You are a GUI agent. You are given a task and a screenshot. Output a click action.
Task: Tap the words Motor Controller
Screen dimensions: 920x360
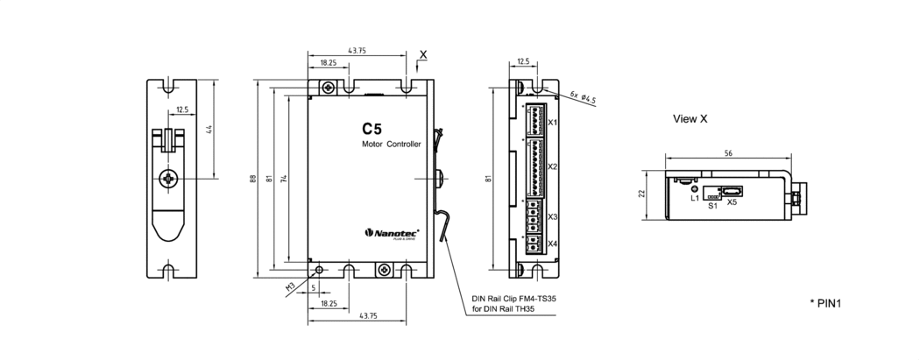392,145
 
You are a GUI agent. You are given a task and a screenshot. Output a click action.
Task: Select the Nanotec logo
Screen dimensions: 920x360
392,233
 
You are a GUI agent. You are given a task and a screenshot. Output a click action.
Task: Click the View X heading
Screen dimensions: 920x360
690,119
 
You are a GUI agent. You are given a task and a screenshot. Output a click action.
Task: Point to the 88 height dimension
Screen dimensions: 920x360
253,179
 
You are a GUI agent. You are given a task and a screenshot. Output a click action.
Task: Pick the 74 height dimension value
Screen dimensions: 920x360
284,180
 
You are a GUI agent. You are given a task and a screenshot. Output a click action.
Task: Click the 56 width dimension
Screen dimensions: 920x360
728,153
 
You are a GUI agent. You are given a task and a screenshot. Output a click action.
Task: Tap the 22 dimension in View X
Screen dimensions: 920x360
642,193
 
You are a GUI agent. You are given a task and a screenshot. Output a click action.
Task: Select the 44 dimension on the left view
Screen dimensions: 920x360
209,130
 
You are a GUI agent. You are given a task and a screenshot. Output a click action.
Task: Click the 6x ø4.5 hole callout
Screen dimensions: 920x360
583,97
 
